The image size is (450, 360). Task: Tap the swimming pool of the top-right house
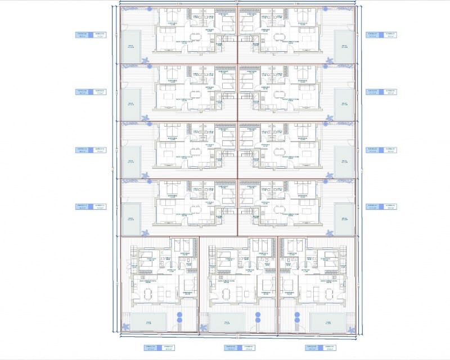344,46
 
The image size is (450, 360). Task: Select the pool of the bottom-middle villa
228,322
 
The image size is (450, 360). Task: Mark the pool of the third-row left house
131,161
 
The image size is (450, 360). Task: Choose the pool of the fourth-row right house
344,219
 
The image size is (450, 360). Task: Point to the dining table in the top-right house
279,38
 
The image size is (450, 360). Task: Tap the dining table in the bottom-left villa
147,292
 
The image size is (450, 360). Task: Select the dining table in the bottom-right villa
308,292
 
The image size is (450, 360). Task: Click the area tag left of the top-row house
91,34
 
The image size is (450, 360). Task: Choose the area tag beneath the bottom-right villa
319,348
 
